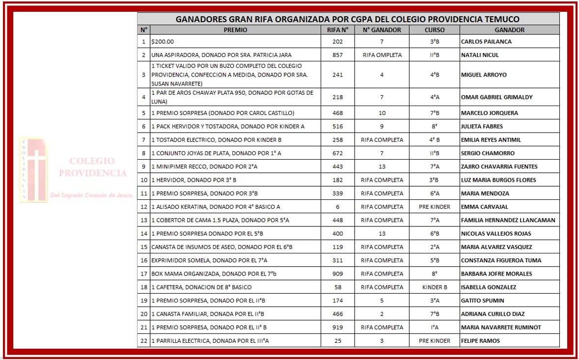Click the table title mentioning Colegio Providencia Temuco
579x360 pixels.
[x=348, y=19]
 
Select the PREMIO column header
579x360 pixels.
[x=235, y=30]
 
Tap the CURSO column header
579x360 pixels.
[x=434, y=30]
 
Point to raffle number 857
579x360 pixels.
[x=337, y=55]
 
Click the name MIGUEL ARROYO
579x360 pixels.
[x=484, y=75]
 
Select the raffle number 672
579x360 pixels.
[x=337, y=153]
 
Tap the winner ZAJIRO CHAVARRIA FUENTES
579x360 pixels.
[x=499, y=166]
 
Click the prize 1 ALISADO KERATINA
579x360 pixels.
[x=216, y=207]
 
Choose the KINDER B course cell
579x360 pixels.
[x=435, y=287]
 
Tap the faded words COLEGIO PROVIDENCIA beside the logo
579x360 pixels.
[x=92, y=167]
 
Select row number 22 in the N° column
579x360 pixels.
[x=144, y=341]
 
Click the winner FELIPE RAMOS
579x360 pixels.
[x=480, y=341]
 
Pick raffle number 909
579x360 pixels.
[x=337, y=274]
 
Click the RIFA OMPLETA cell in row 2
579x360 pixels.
[x=382, y=55]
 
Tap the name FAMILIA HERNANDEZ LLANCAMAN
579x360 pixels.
[x=508, y=220]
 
